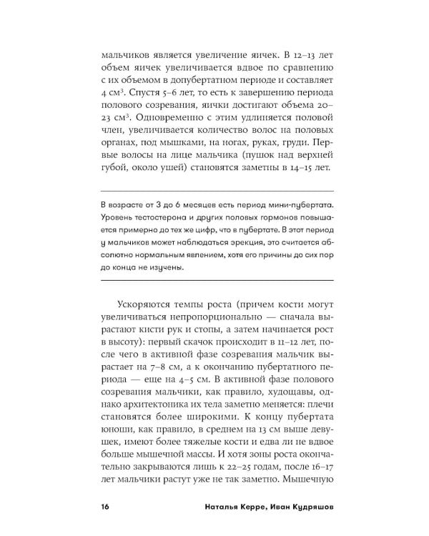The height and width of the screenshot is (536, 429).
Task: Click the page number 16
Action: click(x=106, y=508)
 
